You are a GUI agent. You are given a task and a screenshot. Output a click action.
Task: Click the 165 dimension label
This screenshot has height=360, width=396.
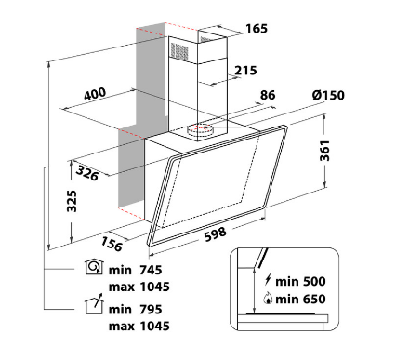click(257, 29)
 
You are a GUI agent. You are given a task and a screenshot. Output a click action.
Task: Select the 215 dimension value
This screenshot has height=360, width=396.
click(245, 71)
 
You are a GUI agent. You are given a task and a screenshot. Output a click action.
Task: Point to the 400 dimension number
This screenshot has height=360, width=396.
click(95, 94)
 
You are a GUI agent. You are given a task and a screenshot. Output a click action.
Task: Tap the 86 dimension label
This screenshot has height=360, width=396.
click(268, 95)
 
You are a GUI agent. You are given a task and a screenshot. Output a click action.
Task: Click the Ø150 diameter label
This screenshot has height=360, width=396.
click(328, 95)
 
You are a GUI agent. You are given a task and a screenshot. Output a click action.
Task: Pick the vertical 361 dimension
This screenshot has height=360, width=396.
click(324, 151)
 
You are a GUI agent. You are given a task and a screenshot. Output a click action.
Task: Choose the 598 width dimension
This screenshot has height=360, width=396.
click(215, 234)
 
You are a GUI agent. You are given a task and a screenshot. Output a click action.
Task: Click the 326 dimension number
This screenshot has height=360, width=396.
click(87, 173)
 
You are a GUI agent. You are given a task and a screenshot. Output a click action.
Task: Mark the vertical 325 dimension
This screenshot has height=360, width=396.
click(72, 201)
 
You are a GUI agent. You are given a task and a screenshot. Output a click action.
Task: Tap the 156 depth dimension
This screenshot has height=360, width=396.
click(112, 244)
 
